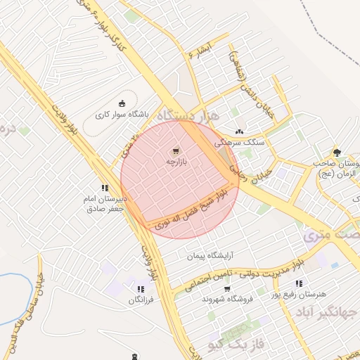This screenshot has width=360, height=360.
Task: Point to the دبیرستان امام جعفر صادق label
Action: click(x=105, y=204)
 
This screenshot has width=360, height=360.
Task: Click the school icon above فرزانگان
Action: click(x=141, y=288)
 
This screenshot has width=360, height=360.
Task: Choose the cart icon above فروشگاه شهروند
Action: click(x=226, y=288)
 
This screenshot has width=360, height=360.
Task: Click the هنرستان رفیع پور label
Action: click(x=300, y=295)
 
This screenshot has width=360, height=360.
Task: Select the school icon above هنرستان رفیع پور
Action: click(x=299, y=283)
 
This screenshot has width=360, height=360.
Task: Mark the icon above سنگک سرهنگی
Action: click(x=239, y=131)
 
